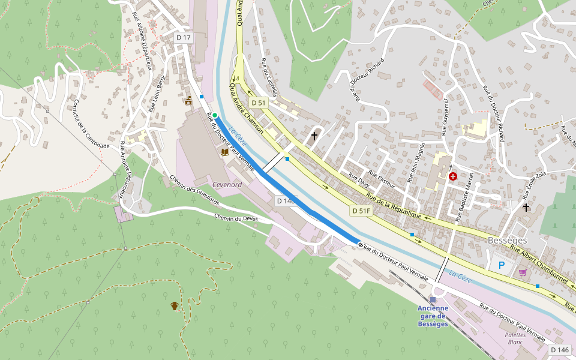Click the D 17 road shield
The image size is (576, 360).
click(x=184, y=38)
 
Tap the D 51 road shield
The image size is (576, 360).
click(x=258, y=103)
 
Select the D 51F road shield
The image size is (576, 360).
click(x=361, y=211)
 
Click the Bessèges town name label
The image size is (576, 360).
click(x=507, y=241)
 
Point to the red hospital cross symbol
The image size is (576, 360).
click(x=453, y=176)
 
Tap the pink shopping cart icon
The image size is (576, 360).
click(x=523, y=272)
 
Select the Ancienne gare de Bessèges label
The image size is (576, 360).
click(x=433, y=316)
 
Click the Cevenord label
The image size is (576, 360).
click(x=227, y=185)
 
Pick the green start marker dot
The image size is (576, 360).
click(x=215, y=115)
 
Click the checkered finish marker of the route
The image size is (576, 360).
click(x=360, y=245)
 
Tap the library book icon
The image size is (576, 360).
click(x=224, y=152)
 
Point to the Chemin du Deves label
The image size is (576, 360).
click(x=236, y=218)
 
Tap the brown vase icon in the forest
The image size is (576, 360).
click(x=175, y=306)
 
